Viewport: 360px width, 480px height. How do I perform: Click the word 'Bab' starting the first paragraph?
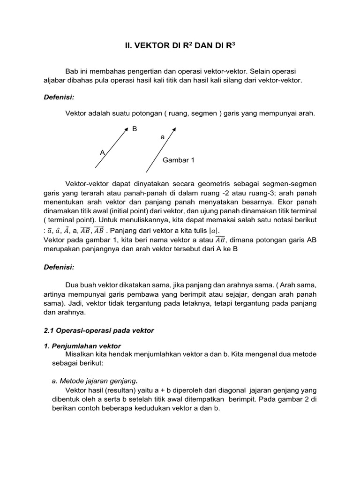(x=72, y=71)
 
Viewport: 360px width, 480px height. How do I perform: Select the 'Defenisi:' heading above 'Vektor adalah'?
(x=59, y=97)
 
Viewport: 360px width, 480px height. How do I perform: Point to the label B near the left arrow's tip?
(x=135, y=128)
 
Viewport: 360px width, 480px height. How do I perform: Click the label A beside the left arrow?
(x=102, y=152)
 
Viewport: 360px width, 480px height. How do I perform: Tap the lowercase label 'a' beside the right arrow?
(x=163, y=137)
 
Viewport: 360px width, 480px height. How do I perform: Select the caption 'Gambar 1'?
(x=178, y=160)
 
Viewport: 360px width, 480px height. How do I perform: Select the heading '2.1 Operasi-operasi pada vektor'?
(x=98, y=330)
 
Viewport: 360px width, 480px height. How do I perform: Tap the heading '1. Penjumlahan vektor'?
(x=82, y=346)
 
